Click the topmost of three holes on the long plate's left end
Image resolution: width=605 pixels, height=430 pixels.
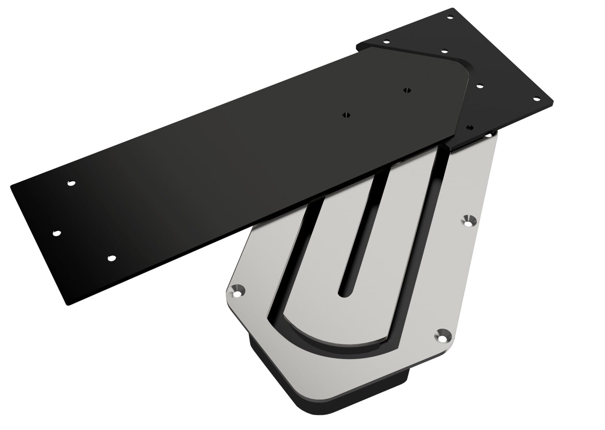[71, 182]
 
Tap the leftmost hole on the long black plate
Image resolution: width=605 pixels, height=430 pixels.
[56, 233]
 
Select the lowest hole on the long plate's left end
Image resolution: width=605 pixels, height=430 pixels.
[110, 258]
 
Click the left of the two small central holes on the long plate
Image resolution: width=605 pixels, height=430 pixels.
[346, 115]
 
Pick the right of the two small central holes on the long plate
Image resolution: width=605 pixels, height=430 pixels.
[407, 90]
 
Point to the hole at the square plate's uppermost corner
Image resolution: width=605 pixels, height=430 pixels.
[450, 17]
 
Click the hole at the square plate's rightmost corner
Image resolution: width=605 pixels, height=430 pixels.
[537, 98]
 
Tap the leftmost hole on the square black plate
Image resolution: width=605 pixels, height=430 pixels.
[386, 41]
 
